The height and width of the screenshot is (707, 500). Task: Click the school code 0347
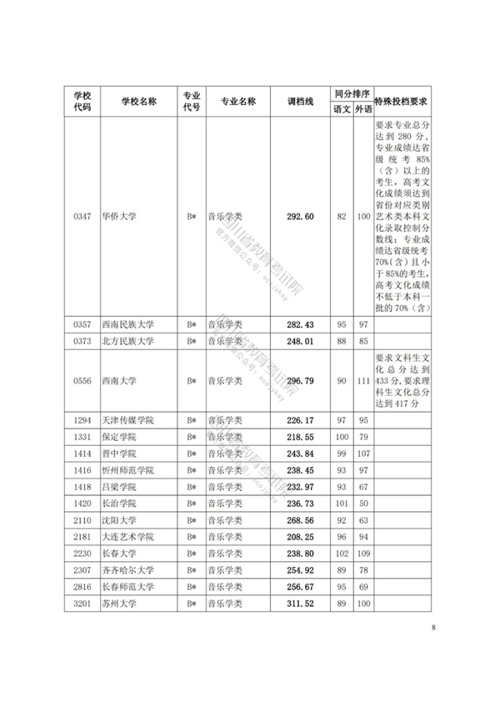(82, 217)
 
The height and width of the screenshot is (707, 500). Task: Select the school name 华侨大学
(118, 217)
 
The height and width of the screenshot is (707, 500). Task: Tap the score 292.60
(300, 217)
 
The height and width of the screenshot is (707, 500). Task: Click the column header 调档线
(300, 101)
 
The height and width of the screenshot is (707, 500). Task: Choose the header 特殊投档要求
(402, 101)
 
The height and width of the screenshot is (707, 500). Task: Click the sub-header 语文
(342, 108)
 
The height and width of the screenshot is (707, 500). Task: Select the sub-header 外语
(362, 108)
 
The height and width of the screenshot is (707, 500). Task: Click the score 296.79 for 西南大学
(300, 381)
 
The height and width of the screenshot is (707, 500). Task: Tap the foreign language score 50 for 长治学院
(363, 504)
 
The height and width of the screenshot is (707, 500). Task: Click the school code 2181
(82, 536)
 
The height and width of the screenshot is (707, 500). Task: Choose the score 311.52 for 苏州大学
(300, 603)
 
